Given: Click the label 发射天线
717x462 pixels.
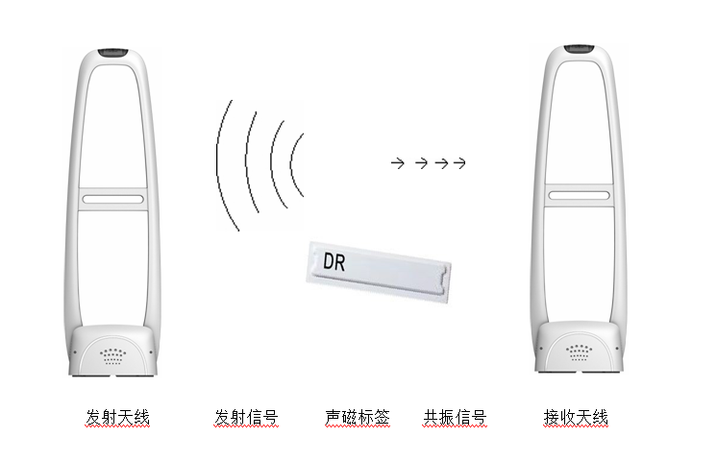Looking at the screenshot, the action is pos(118,417).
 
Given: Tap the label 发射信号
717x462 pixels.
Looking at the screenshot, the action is pos(246,417).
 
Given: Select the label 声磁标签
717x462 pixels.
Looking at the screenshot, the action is pos(358,417).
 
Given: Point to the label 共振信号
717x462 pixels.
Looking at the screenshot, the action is pos(455,417).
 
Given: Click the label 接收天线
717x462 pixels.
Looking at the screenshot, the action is pos(576,417).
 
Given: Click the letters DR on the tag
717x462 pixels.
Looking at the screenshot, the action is pos(334,261).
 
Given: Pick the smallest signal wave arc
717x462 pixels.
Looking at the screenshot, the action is pos(292,164).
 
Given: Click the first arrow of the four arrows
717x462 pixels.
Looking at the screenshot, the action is pos(398,162).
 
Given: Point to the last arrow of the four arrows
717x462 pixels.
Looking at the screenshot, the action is pos(459,162).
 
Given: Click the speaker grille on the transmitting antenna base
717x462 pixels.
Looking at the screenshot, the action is pos(113,356).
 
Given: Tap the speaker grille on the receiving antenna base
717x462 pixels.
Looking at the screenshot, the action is pos(579,353).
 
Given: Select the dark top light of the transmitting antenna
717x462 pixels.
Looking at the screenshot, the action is pos(113,53).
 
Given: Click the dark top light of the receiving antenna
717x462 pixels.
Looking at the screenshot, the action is pos(579,48).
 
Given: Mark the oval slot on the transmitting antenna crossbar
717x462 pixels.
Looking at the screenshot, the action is pos(113,199).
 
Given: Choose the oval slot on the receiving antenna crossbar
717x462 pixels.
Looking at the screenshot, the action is pos(579,196).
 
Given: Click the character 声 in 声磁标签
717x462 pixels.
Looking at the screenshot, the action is pos(334,417).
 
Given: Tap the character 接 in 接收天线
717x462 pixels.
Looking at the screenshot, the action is pos(552,417).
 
